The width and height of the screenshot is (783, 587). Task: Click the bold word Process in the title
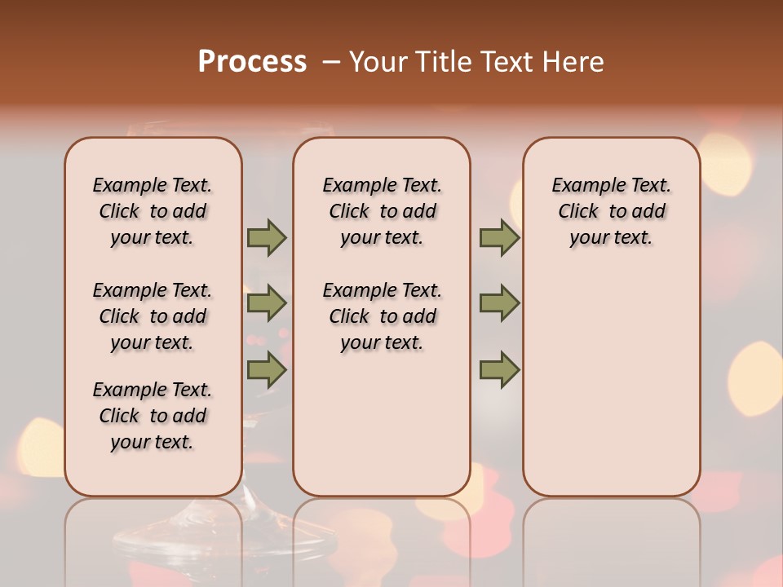[252, 62]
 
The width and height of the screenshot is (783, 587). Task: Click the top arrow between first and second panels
[267, 237]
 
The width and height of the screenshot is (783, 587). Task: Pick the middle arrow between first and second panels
[267, 303]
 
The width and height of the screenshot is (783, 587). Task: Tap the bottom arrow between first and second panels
[267, 369]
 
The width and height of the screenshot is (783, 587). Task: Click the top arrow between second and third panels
[499, 237]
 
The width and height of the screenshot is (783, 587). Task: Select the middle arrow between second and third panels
[499, 303]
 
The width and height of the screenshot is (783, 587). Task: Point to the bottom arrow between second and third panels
[499, 369]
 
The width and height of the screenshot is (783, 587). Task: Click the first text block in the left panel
[153, 211]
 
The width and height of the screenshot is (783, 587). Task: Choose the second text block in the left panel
[153, 316]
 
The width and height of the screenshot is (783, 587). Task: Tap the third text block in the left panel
[153, 416]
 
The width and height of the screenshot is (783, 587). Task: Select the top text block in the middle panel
[382, 211]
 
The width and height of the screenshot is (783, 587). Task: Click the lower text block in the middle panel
[382, 316]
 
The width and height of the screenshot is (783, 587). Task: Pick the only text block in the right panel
[611, 211]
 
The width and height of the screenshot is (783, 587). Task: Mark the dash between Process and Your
[331, 62]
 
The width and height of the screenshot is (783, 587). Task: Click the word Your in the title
[378, 62]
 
